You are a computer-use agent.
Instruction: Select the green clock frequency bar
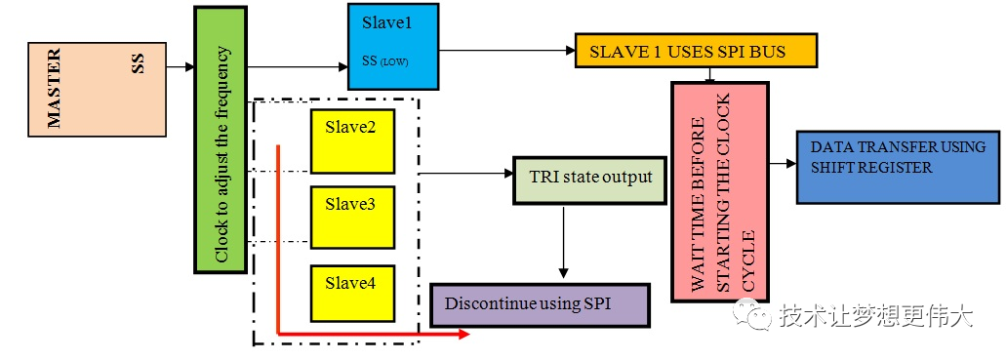click(221, 139)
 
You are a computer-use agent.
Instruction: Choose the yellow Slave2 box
click(352, 141)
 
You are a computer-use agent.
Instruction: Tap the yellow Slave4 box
click(352, 292)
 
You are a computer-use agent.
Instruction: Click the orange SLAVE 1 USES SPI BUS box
click(695, 51)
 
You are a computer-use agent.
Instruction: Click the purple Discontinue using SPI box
click(540, 304)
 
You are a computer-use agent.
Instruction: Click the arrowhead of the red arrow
click(463, 335)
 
